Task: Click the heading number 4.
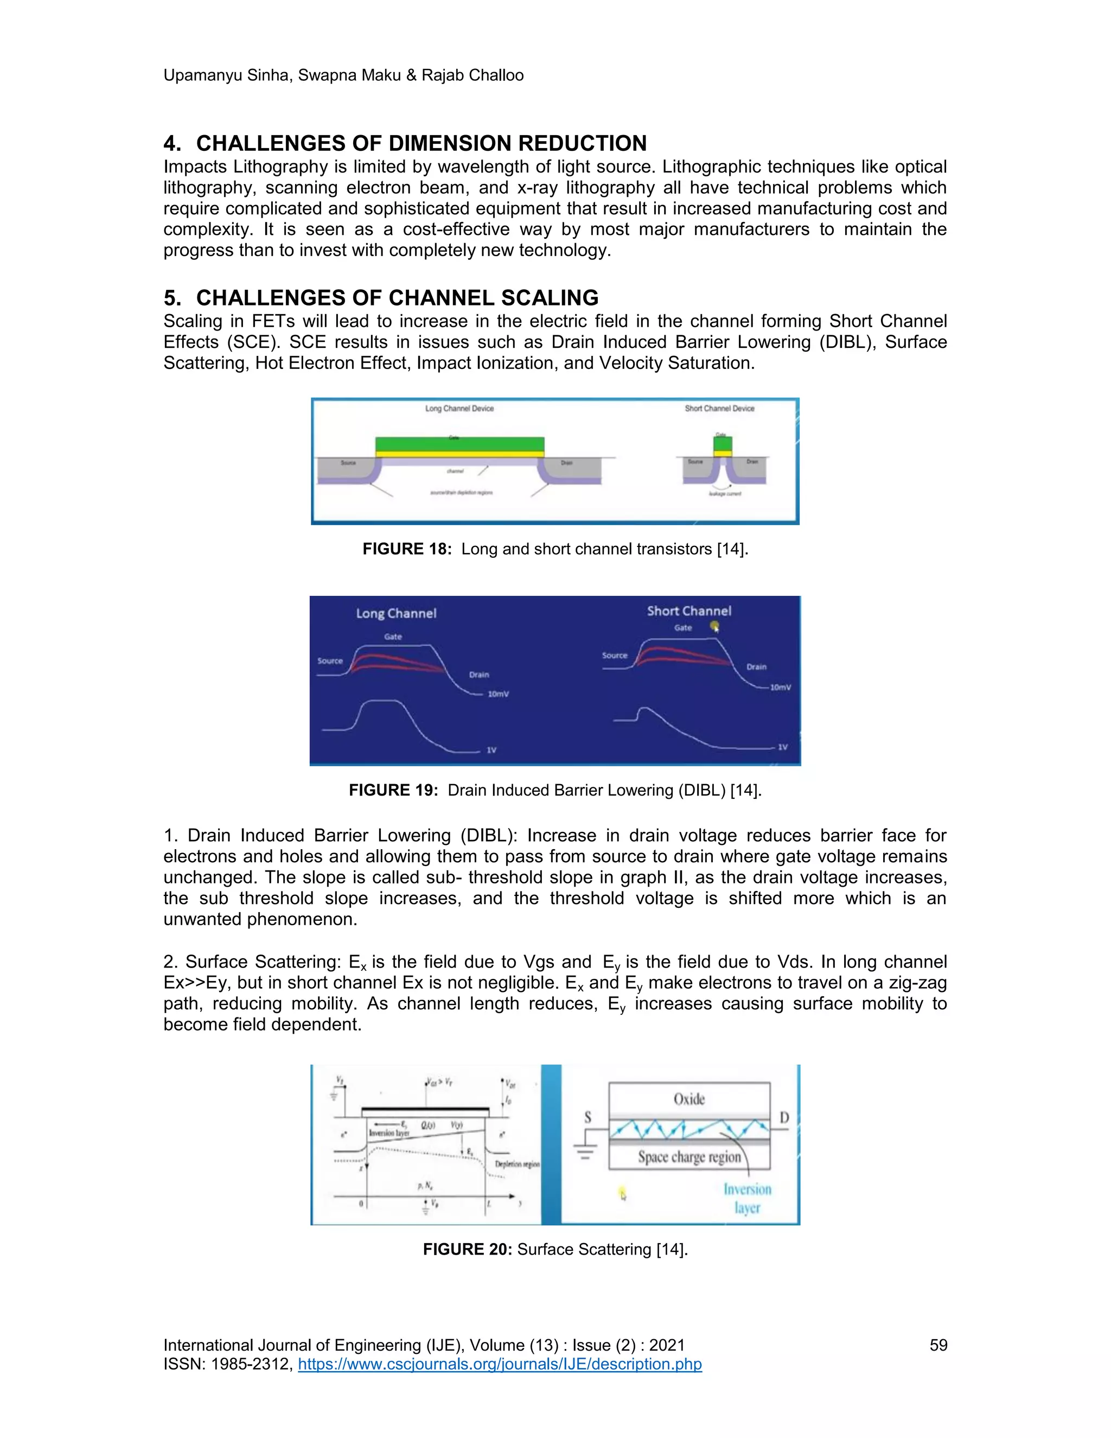[x=171, y=144]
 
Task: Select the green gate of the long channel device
[x=459, y=443]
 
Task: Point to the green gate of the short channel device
[x=723, y=443]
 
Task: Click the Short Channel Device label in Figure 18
[x=719, y=408]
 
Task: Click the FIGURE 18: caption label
[x=407, y=549]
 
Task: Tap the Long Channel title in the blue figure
[x=396, y=613]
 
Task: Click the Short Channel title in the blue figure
[x=688, y=611]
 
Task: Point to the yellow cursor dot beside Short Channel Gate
[x=715, y=626]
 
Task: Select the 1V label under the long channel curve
[x=491, y=750]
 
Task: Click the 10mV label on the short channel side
[x=780, y=688]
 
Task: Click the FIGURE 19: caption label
[x=393, y=790]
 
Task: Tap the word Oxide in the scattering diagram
[x=689, y=1099]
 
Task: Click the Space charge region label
[x=689, y=1157]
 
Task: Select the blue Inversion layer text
[x=747, y=1198]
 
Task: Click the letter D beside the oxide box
[x=784, y=1118]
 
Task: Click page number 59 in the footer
[x=938, y=1345]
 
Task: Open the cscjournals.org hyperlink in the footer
[x=500, y=1364]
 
